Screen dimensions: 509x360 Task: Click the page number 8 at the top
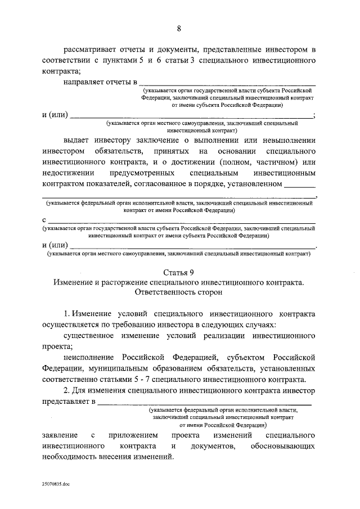coord(179,29)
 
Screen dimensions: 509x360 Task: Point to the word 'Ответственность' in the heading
coord(164,293)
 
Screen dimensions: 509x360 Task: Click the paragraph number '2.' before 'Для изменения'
coord(66,391)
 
